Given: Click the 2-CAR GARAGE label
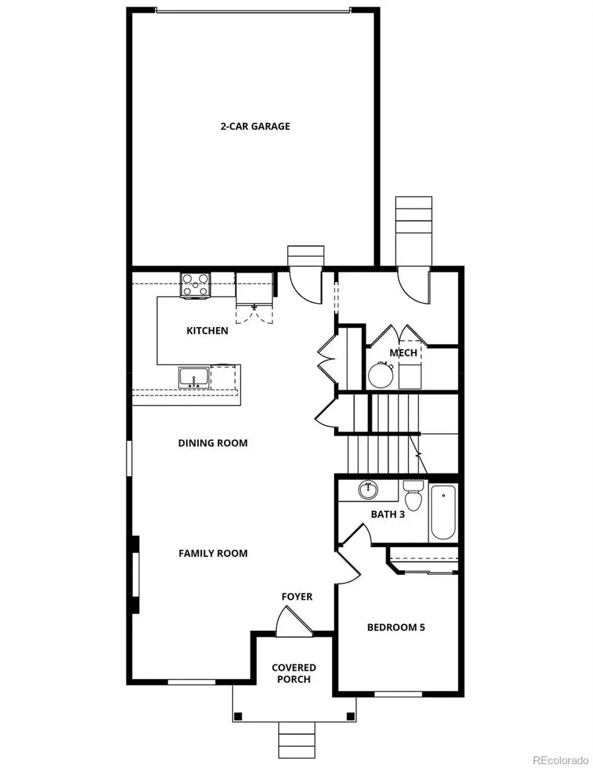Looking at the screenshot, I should click(255, 126).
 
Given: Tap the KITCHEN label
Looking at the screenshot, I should click(208, 330).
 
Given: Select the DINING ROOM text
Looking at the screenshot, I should click(213, 443).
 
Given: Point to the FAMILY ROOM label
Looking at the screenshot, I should click(213, 553).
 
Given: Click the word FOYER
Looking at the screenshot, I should click(296, 597).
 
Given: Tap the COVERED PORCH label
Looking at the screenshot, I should click(294, 673).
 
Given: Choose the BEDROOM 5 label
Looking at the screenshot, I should click(395, 627).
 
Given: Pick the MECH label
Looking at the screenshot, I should click(403, 353).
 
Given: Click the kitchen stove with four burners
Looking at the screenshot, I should click(196, 284).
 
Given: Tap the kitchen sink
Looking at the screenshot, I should click(194, 377).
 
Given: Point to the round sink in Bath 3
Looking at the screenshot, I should click(368, 490).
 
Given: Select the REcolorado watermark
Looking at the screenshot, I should click(561, 758).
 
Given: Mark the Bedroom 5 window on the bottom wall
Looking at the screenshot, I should click(399, 693).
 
